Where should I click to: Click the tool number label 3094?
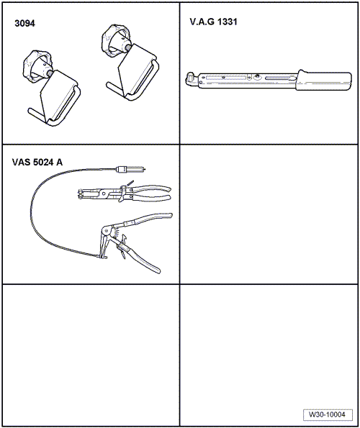tap(25, 24)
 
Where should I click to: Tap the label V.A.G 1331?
tap(213, 22)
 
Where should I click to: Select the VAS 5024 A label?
tap(37, 162)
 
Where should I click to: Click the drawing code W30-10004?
tap(327, 414)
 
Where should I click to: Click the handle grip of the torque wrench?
tap(324, 81)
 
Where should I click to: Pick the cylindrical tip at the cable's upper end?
tap(130, 170)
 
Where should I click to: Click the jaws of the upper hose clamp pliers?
tap(88, 193)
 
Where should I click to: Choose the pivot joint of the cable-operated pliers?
tap(105, 231)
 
